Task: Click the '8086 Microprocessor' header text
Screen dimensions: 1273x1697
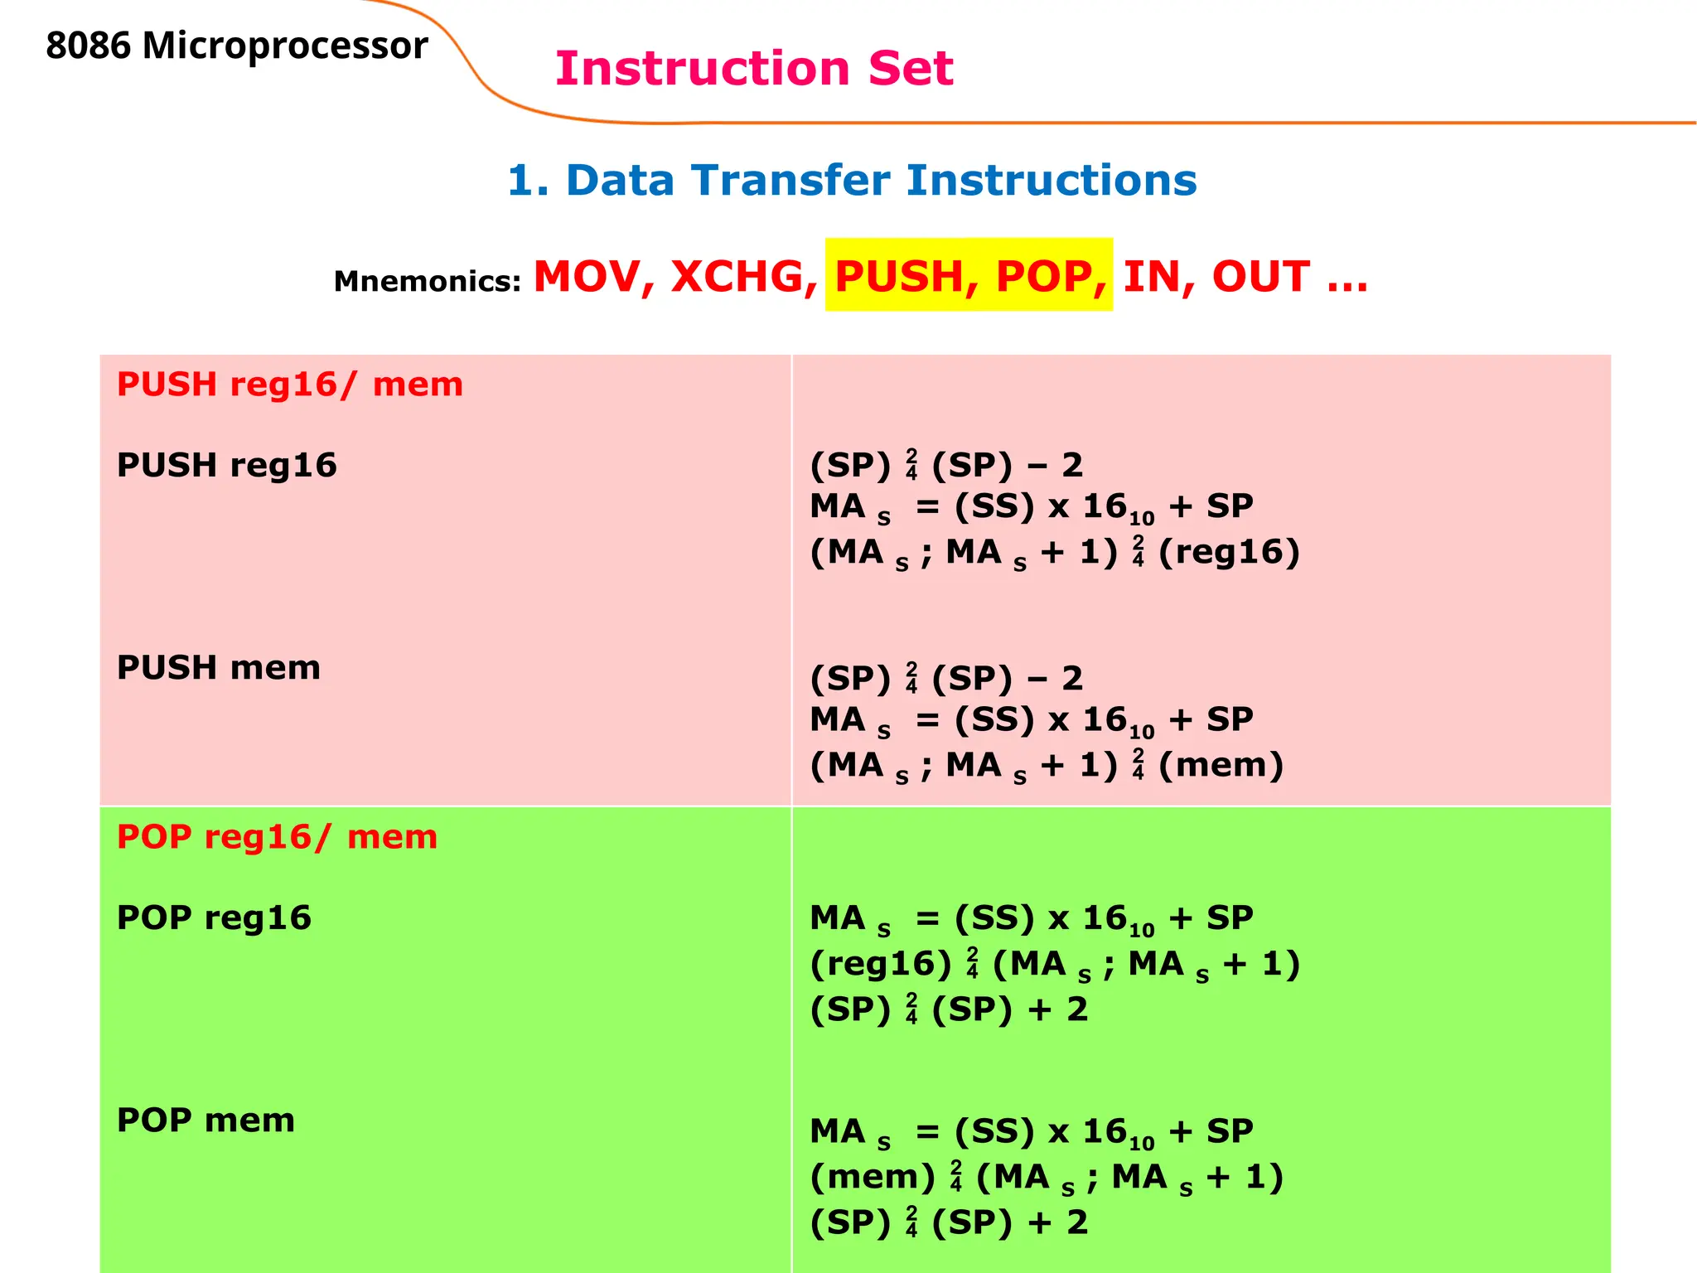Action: (237, 46)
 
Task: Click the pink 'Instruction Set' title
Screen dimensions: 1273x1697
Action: (754, 68)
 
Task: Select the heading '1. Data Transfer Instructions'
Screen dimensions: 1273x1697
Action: (852, 180)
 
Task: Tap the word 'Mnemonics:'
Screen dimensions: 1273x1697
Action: (427, 282)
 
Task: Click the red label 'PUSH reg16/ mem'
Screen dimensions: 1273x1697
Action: (290, 385)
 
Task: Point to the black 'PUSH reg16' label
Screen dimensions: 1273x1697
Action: (227, 465)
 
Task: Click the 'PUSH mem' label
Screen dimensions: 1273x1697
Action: (219, 667)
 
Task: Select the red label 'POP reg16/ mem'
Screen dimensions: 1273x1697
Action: (277, 837)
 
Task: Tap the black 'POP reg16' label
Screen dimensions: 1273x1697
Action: (214, 917)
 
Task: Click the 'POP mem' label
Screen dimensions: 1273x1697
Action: (205, 1120)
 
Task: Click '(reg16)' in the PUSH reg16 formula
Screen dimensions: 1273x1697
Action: (1229, 552)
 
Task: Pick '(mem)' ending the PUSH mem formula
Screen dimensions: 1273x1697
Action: (1221, 765)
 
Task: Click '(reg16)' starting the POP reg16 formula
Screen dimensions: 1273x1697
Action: (881, 964)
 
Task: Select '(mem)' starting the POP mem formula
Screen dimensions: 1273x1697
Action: (873, 1177)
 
